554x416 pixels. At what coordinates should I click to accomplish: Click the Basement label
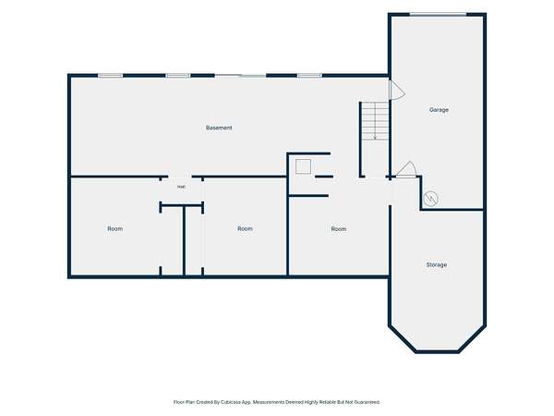(219, 128)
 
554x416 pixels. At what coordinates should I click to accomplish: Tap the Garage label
(439, 110)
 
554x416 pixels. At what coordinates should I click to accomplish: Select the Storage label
(437, 264)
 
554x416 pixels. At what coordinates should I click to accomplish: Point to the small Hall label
(181, 187)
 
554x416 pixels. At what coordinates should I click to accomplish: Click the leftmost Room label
(115, 229)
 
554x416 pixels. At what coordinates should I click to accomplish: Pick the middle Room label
(245, 229)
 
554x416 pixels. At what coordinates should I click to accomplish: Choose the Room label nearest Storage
(339, 229)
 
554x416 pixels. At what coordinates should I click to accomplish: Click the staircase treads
(375, 121)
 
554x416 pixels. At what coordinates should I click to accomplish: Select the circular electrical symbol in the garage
(430, 199)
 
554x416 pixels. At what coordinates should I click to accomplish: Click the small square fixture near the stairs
(303, 166)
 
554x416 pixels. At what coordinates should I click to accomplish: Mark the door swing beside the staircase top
(397, 90)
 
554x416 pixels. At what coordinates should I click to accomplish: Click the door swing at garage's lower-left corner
(406, 169)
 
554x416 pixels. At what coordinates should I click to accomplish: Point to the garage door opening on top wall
(438, 14)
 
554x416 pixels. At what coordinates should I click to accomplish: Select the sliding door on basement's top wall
(240, 76)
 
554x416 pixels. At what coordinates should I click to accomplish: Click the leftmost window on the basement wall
(110, 76)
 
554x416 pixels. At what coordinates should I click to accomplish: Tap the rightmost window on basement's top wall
(309, 76)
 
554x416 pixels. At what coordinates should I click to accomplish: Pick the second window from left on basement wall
(178, 76)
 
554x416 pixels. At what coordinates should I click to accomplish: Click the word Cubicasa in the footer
(231, 402)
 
